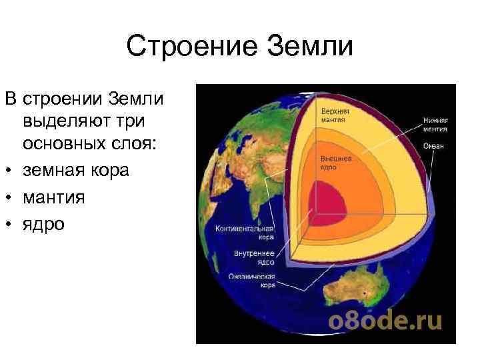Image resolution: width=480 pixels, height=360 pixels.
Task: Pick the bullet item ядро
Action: point(43,225)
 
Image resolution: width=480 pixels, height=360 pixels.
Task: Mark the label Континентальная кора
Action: point(240,232)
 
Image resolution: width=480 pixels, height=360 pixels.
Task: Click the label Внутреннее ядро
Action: point(251,257)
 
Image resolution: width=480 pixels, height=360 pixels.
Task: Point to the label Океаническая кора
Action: point(251,280)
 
